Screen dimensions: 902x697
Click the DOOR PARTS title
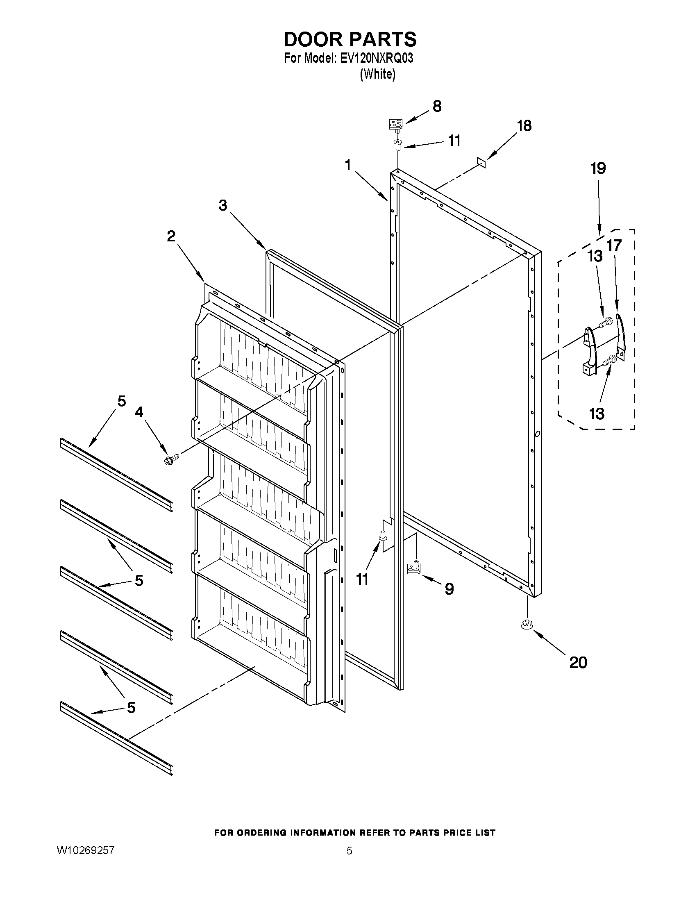pyautogui.click(x=350, y=39)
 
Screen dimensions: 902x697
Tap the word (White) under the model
pyautogui.click(x=377, y=74)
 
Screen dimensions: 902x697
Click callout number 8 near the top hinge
pyautogui.click(x=437, y=106)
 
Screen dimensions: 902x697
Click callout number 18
pyautogui.click(x=524, y=125)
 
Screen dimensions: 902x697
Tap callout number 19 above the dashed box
pyautogui.click(x=598, y=168)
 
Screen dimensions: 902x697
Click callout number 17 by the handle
pyautogui.click(x=614, y=245)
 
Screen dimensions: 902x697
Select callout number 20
pyautogui.click(x=578, y=662)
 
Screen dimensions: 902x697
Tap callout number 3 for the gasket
pyautogui.click(x=223, y=205)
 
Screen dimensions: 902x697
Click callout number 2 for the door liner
pyautogui.click(x=171, y=236)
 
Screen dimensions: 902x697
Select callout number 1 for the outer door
pyautogui.click(x=348, y=165)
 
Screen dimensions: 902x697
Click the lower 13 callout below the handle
pyautogui.click(x=597, y=414)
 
